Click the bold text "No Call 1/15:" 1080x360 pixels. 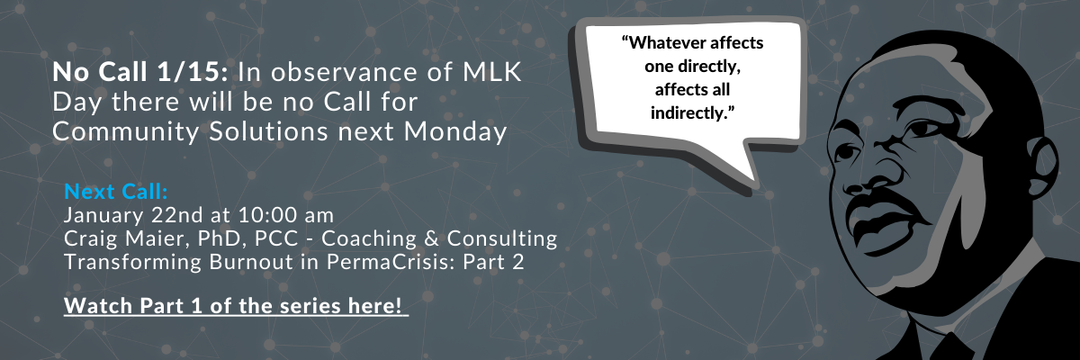click(x=139, y=72)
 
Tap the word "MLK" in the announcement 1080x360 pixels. click(x=492, y=72)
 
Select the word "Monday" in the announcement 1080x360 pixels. click(x=455, y=132)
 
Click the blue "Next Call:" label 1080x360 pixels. click(x=116, y=192)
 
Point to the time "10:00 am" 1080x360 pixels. click(x=286, y=215)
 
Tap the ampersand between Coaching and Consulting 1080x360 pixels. click(x=431, y=238)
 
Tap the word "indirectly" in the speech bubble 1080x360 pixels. click(x=690, y=112)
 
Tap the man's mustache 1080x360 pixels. click(x=882, y=202)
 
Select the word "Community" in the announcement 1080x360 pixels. click(x=126, y=132)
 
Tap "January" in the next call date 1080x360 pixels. click(x=103, y=215)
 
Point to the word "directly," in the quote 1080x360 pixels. click(x=709, y=66)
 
